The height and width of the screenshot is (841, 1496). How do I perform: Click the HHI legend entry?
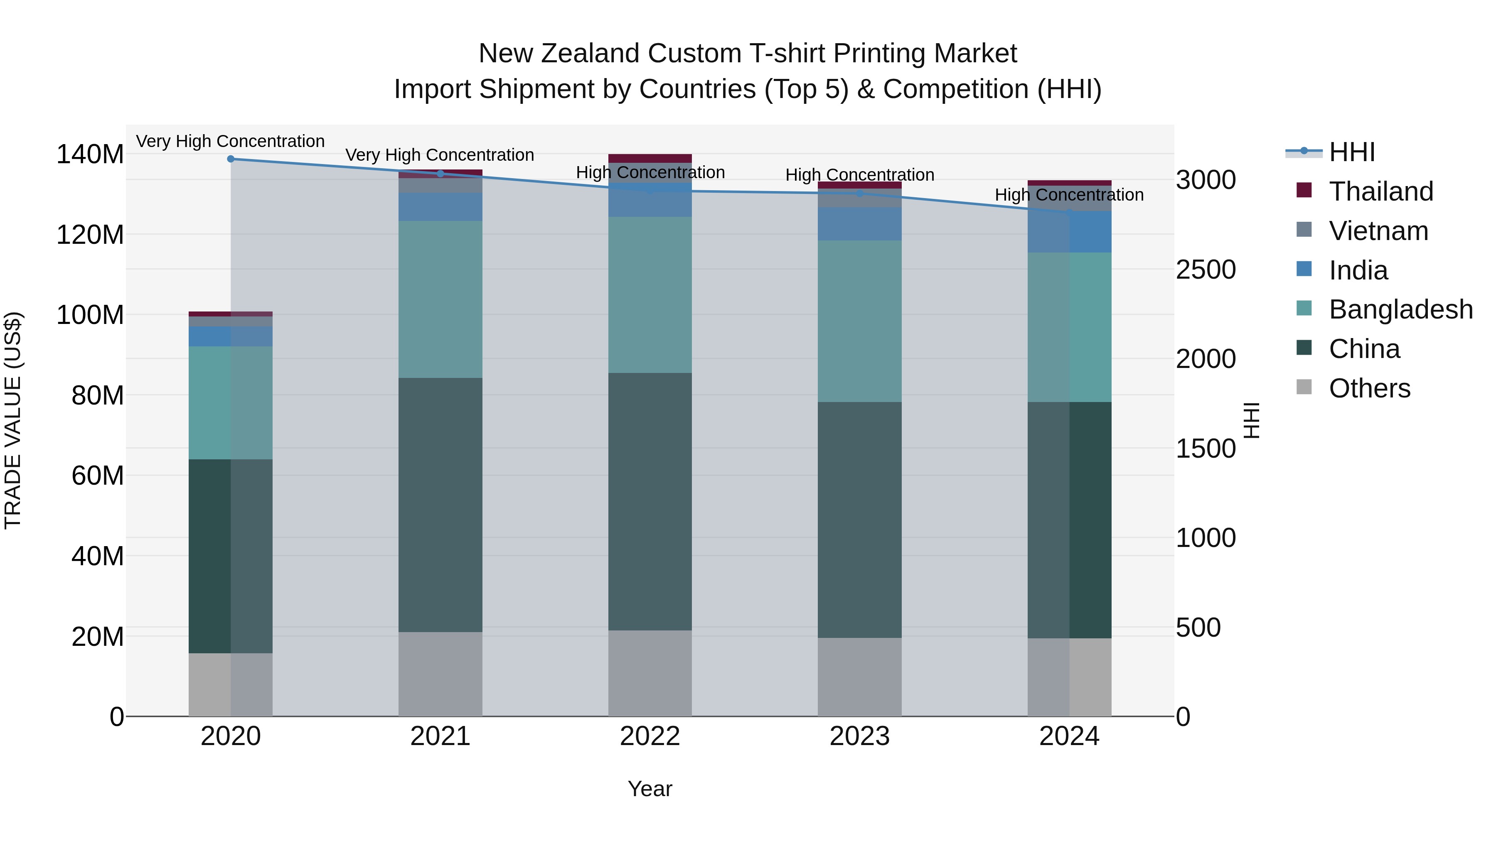1351,152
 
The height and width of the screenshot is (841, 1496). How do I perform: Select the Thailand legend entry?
1380,191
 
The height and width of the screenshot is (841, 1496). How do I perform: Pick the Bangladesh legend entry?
1400,309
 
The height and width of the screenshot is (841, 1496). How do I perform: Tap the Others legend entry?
1369,388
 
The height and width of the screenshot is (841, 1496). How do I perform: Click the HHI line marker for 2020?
231,159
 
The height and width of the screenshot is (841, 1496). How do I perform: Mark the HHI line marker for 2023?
859,193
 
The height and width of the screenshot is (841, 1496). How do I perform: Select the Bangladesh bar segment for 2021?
440,299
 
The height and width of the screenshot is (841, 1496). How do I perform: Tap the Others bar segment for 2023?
859,677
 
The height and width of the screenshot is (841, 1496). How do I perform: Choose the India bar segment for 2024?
1069,232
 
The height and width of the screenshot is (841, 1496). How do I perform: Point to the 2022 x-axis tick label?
650,736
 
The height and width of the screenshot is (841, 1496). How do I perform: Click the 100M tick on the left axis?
90,315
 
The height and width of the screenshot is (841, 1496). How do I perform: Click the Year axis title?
650,789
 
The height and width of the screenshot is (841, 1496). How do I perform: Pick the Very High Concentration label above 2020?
231,142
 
